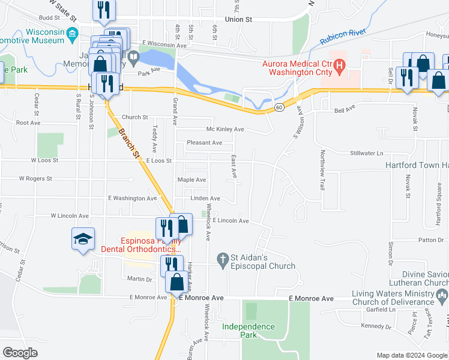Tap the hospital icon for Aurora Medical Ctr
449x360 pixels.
click(x=339, y=65)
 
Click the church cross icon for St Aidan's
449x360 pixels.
click(x=222, y=259)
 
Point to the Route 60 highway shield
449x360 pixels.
click(x=279, y=107)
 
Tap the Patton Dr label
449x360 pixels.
click(x=431, y=239)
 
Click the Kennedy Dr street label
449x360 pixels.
click(x=377, y=326)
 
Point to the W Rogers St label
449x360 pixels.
click(x=35, y=178)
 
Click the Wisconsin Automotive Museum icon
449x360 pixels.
click(x=73, y=32)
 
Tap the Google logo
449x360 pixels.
click(x=20, y=353)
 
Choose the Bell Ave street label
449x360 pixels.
click(x=345, y=110)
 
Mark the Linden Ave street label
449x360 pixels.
click(x=205, y=198)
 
